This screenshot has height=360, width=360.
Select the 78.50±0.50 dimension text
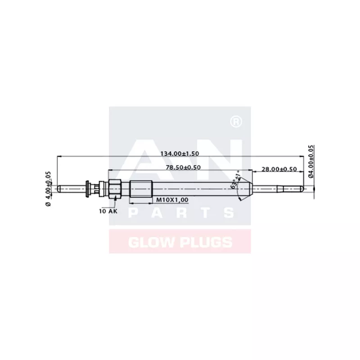pos(182,167)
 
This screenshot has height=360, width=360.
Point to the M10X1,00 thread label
pos(172,199)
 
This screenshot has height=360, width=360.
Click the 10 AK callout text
pos(108,210)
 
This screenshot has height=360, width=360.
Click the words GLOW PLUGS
pos(180,243)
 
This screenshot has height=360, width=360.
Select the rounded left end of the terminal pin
pos(58,187)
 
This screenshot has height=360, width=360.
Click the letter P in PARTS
pos(134,213)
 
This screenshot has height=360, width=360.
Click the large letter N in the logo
pos(225,153)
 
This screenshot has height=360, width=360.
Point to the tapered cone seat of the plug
pos(247,187)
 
